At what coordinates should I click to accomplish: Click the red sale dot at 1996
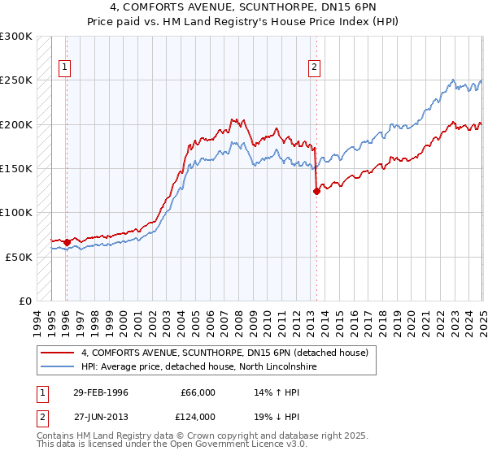tap(66, 242)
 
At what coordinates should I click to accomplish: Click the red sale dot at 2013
tap(316, 192)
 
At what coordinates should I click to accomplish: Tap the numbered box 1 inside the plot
tap(63, 68)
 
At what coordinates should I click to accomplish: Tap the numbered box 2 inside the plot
tap(314, 68)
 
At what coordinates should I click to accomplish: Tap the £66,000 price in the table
tap(197, 392)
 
